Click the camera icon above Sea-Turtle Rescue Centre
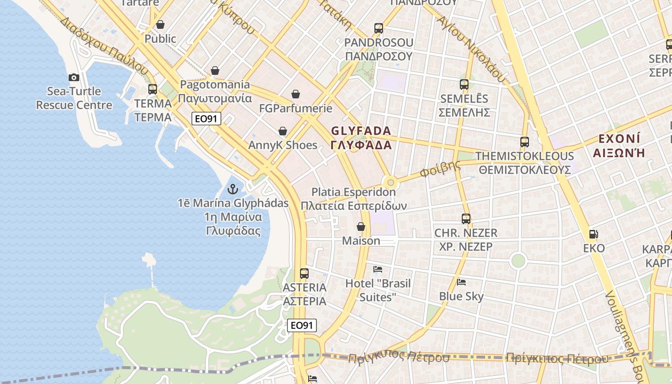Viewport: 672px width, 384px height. tap(73, 77)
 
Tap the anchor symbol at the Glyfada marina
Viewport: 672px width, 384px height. tap(233, 189)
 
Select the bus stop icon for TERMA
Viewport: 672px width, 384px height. tap(153, 89)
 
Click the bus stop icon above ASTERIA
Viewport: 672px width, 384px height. tap(304, 274)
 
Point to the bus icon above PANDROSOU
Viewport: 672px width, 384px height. tap(379, 28)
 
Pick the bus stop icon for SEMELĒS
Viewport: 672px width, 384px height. tap(464, 84)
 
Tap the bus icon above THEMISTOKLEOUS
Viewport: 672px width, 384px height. tap(525, 142)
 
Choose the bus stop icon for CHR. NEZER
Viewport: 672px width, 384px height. tap(466, 219)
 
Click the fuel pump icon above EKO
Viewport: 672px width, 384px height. tap(594, 234)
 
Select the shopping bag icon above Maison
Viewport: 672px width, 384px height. tap(361, 227)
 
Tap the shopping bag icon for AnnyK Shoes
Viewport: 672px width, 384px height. tap(283, 131)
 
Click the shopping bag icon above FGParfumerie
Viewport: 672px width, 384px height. tap(296, 94)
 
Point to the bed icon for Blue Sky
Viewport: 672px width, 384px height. tap(461, 282)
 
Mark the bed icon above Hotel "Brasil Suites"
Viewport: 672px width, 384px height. tap(378, 269)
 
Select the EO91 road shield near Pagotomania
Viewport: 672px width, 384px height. tap(206, 119)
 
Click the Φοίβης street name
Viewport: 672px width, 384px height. tap(440, 168)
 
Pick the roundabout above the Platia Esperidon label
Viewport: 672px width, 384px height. tap(391, 182)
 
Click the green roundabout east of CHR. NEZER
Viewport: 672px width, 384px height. tap(518, 261)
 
